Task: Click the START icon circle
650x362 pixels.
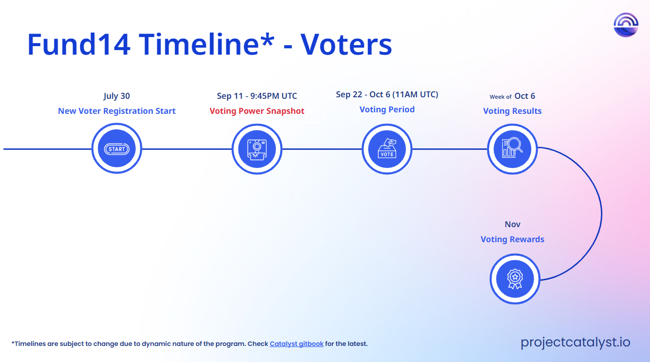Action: point(117,148)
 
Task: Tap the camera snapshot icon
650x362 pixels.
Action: point(257,149)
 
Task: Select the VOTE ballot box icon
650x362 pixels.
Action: point(387,149)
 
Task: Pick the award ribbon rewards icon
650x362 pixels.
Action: point(515,279)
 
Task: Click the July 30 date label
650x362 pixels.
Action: point(117,96)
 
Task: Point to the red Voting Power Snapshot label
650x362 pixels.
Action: point(257,111)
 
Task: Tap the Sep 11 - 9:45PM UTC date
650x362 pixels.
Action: point(257,96)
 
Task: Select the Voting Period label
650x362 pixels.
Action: point(387,109)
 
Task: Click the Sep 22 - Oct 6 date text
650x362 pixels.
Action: point(363,94)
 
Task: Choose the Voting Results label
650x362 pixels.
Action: point(512,111)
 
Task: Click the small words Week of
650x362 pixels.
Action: point(500,97)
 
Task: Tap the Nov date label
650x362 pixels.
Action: point(513,224)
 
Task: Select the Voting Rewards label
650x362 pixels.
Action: point(512,239)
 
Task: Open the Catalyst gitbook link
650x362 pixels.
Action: point(297,344)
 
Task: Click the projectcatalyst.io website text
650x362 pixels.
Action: point(575,342)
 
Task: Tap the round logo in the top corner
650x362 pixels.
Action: point(626,25)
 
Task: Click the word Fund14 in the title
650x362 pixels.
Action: point(79,44)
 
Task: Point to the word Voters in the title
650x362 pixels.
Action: point(346,44)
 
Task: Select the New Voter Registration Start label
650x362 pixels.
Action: point(117,111)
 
